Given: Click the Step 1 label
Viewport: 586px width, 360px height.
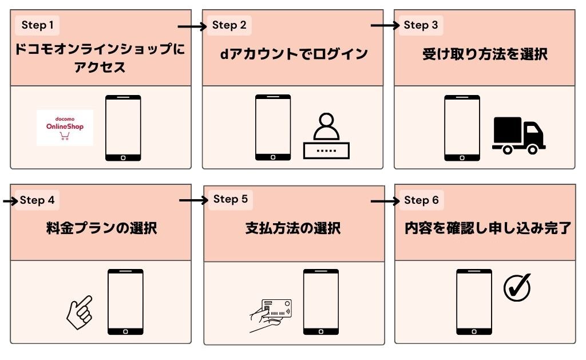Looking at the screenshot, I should click(x=37, y=25).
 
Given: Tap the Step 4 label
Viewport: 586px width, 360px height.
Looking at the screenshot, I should click(x=37, y=200).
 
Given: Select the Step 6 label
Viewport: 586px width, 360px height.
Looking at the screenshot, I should click(x=421, y=200).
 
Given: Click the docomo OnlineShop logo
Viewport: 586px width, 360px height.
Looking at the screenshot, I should click(x=65, y=127).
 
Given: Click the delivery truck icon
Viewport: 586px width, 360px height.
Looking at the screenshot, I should click(x=518, y=136).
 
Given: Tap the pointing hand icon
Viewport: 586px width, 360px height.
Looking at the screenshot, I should click(x=79, y=312).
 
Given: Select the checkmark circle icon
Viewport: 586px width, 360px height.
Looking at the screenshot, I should click(x=517, y=287).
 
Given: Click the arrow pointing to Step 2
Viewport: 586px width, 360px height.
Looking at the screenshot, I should click(x=192, y=26).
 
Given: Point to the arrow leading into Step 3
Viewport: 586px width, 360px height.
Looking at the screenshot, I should click(x=385, y=26).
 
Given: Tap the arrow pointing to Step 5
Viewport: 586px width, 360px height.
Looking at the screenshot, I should click(x=193, y=200).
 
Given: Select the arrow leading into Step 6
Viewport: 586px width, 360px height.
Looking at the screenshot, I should click(x=385, y=201).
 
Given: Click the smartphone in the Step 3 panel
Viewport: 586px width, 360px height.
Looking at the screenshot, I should click(x=462, y=128).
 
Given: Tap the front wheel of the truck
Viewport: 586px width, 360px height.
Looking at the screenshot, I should click(x=532, y=149).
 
